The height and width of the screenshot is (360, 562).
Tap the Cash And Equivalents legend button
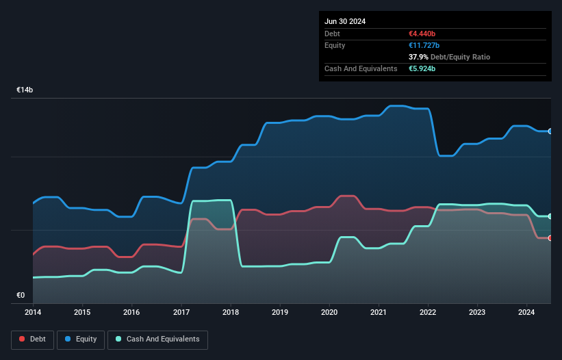point(157,339)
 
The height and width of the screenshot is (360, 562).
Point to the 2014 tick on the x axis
point(33,311)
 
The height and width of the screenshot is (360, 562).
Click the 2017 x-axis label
point(181,311)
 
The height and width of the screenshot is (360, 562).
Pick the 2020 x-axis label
point(329,311)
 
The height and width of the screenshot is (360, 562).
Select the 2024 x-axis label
point(526,311)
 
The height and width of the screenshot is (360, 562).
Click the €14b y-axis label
point(25,90)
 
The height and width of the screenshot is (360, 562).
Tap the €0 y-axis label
point(21,296)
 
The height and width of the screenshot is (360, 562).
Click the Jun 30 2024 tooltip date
point(345,21)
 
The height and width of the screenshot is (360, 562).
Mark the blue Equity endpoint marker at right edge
point(550,131)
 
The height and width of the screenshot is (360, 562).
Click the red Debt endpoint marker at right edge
point(550,238)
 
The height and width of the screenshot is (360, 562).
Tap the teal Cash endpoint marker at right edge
point(550,216)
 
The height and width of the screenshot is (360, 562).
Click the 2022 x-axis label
point(428,311)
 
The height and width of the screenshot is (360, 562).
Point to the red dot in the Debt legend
point(22,339)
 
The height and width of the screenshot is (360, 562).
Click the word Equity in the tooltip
point(335,45)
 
